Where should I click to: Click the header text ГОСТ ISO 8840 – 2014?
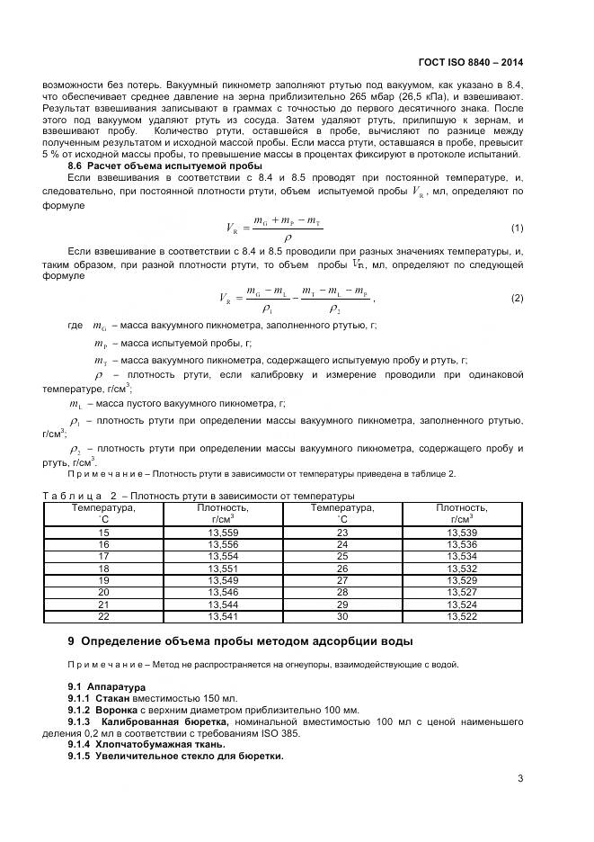click(x=470, y=63)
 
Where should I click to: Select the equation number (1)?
click(x=517, y=228)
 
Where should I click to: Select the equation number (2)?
click(x=517, y=298)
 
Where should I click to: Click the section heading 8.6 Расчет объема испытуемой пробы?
click(x=165, y=166)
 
